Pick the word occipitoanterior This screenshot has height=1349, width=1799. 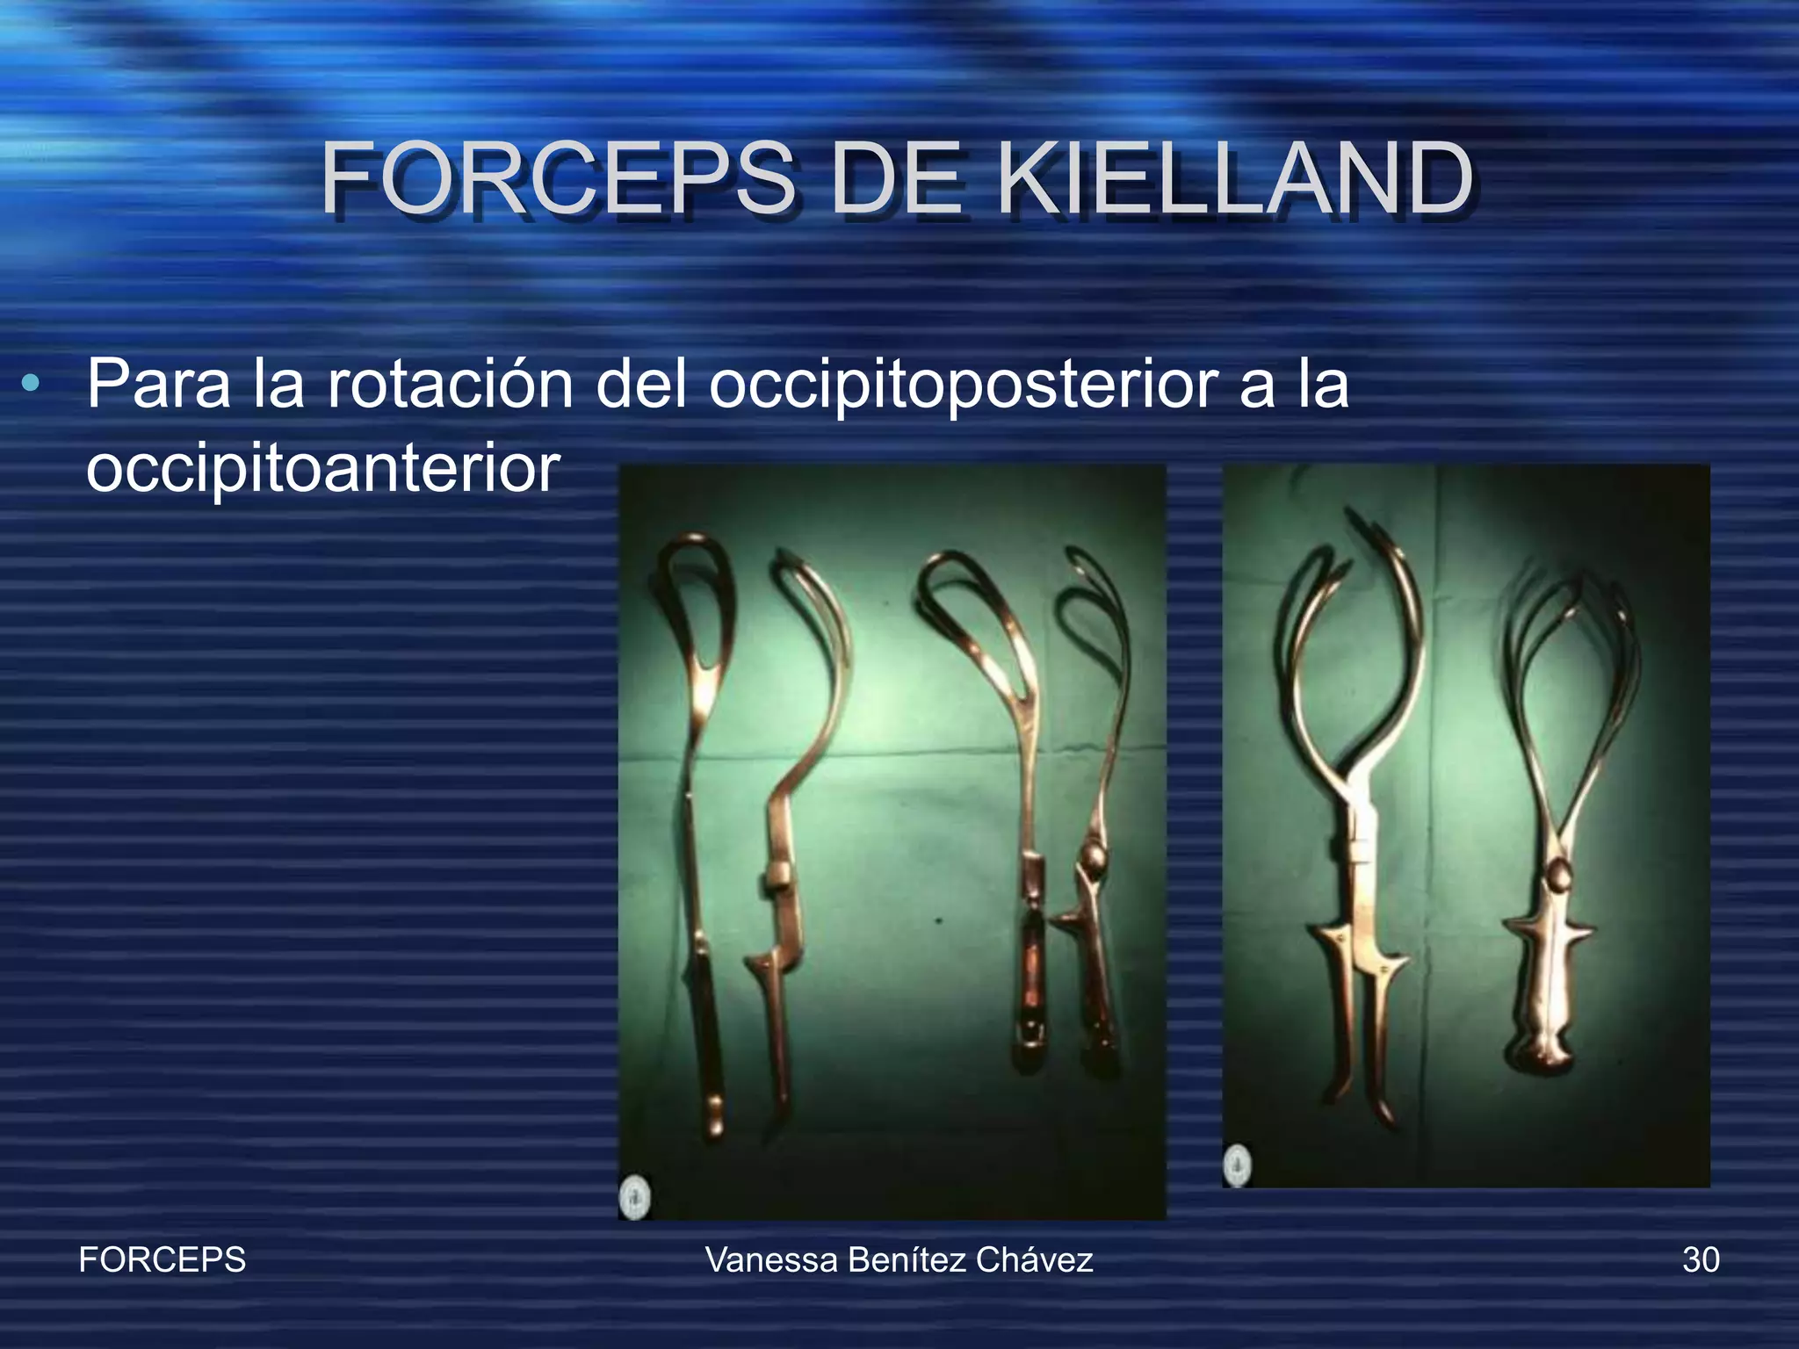(x=322, y=468)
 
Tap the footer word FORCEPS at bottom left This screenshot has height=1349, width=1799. (x=163, y=1260)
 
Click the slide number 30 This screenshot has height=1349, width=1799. (x=1701, y=1260)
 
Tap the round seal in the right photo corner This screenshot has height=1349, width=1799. (x=1239, y=1165)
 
